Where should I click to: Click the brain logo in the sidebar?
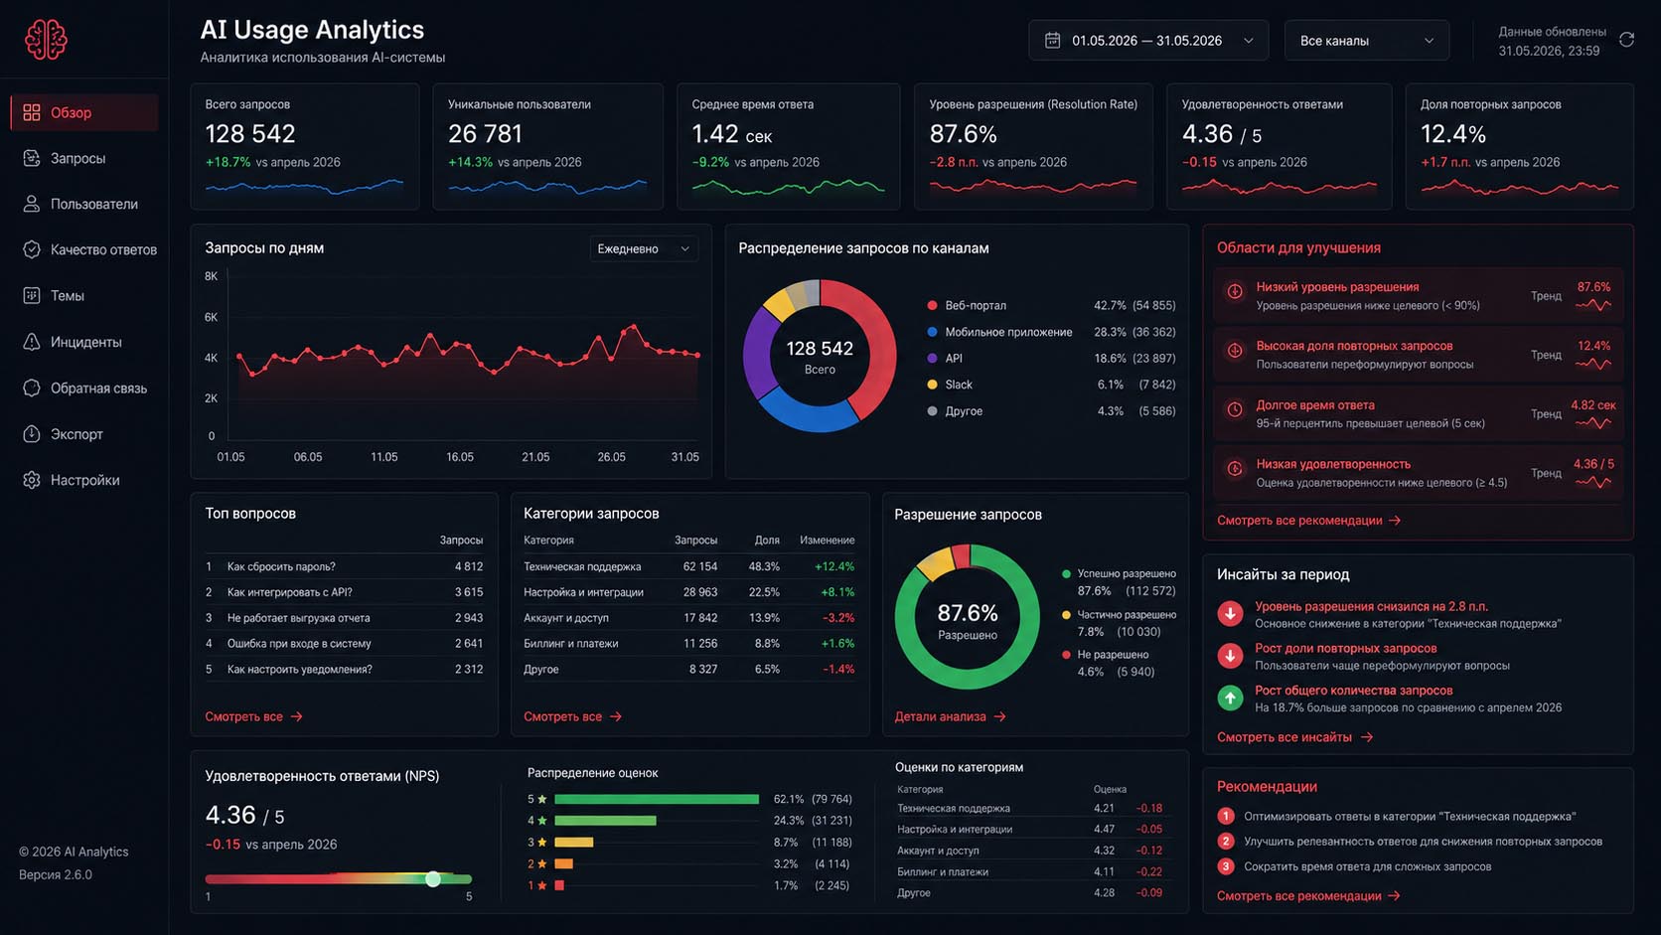click(x=46, y=40)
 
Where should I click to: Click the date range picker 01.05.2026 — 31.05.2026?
click(x=1147, y=41)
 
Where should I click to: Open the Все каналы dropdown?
click(x=1367, y=41)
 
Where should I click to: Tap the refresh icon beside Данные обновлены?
click(x=1626, y=40)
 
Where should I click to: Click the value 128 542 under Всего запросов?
click(x=250, y=134)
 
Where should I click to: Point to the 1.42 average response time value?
click(x=715, y=134)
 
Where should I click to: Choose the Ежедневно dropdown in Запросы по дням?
click(x=643, y=249)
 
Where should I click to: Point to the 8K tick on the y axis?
click(x=211, y=276)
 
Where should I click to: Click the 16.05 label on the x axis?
click(x=460, y=457)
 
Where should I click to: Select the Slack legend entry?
click(x=958, y=385)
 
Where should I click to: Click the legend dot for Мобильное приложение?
click(x=932, y=332)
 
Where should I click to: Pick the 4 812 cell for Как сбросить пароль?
click(x=469, y=566)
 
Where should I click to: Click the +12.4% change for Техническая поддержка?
click(x=834, y=566)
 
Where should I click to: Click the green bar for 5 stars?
click(x=657, y=799)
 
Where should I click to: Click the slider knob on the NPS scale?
click(x=433, y=879)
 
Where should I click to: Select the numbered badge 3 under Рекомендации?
click(x=1225, y=866)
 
